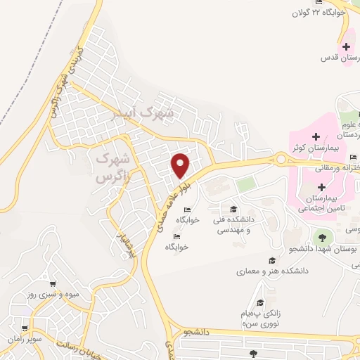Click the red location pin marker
181,165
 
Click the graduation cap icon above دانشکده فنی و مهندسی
233,209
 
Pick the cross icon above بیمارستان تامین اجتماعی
322,187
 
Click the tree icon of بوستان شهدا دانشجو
323,237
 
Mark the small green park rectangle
245,185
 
